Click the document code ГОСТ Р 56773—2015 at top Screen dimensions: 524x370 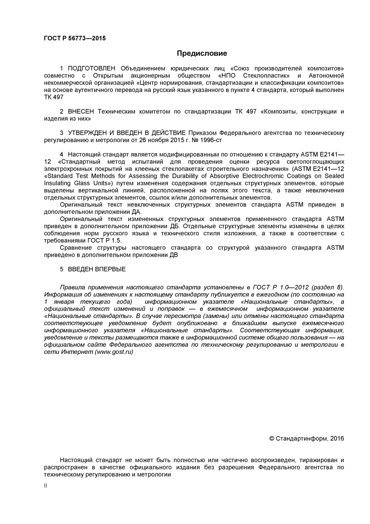pos(75,38)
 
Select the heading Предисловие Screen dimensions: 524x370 pos(202,53)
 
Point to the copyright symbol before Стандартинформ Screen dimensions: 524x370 pos(272,439)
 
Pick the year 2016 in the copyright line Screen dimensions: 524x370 pos(337,439)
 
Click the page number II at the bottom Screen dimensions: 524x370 pos(45,486)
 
